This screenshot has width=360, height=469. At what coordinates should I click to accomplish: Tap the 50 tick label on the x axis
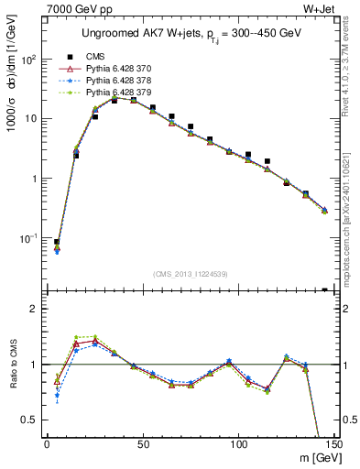click(142, 445)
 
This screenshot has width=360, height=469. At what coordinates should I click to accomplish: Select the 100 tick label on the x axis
click(238, 445)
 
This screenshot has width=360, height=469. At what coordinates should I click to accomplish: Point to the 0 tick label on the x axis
click(47, 445)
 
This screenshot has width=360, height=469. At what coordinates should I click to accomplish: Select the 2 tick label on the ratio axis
click(35, 310)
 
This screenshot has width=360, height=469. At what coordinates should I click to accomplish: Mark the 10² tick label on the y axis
click(27, 60)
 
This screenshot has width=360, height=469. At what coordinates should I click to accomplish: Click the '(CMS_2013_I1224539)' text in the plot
click(190, 274)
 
